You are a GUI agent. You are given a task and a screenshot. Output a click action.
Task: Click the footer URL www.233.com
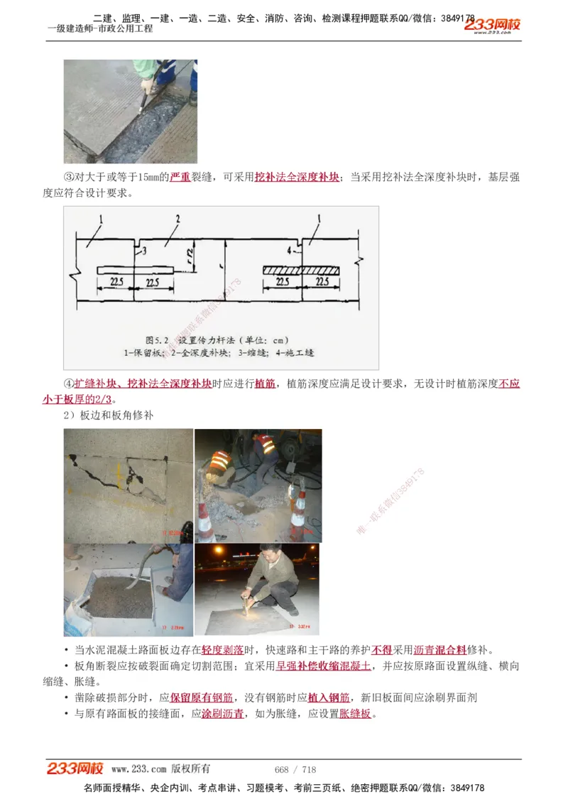[x=138, y=769]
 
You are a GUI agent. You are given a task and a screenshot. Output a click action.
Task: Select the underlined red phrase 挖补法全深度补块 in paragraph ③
[x=297, y=177]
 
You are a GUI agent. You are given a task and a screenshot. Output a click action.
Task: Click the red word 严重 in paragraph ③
[x=180, y=177]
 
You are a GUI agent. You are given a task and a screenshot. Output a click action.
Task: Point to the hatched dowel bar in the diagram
[x=302, y=270]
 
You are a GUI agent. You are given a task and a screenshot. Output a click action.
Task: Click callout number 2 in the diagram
[x=177, y=219]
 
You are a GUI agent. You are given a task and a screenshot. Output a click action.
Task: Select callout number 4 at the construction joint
[x=290, y=250]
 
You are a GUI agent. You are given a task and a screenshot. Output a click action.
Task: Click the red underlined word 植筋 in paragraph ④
[x=266, y=384]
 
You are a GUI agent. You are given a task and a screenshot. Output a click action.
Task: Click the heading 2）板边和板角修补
[x=108, y=415]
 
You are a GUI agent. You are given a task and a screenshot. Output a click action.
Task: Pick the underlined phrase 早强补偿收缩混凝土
[x=323, y=666]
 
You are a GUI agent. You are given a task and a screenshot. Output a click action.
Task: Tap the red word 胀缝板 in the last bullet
[x=355, y=714]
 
